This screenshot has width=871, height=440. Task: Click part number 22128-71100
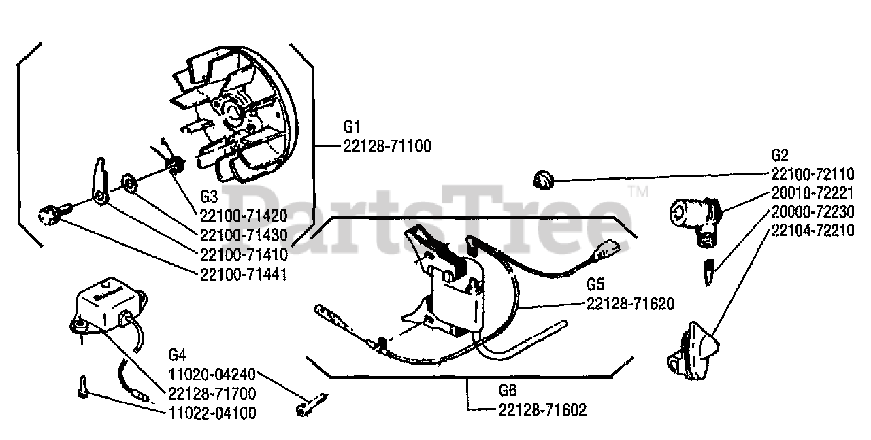pos(387,146)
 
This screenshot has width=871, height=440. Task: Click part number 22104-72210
pos(813,231)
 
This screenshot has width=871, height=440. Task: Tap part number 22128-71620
pos(630,304)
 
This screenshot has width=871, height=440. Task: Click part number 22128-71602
pos(542,409)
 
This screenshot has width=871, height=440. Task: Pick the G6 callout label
pos(508,391)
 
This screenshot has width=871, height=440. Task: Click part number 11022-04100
pos(212,412)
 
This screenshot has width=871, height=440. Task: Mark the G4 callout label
pos(177,354)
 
